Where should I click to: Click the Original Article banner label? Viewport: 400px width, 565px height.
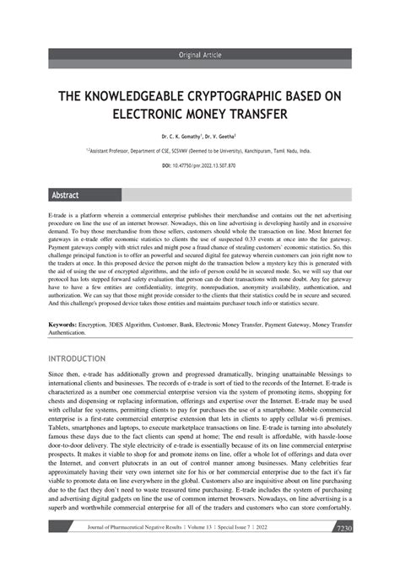click(199, 55)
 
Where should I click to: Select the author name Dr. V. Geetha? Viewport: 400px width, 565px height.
click(218, 136)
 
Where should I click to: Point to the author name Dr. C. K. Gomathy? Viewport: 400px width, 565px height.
click(181, 136)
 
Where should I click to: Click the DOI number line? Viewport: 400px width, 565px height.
click(199, 166)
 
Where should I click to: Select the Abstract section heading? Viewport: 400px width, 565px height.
click(66, 195)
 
